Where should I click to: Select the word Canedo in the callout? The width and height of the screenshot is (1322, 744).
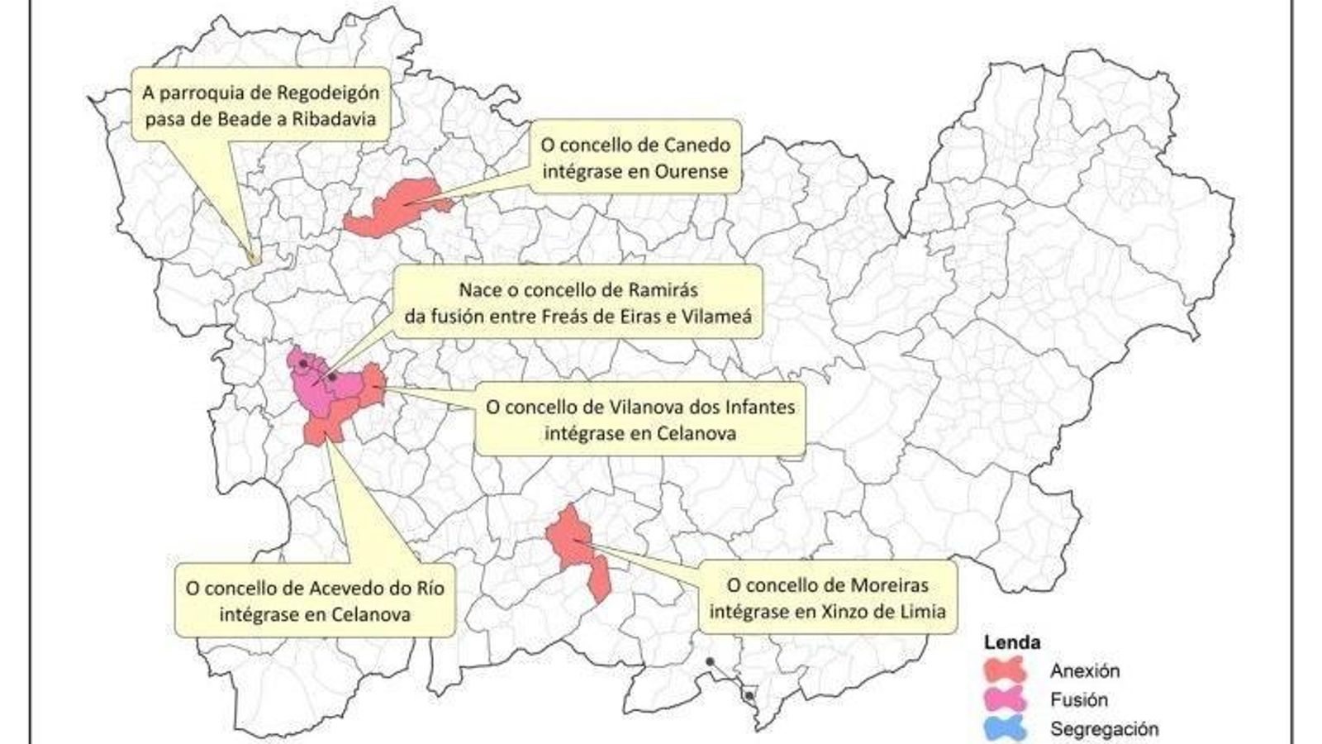click(697, 145)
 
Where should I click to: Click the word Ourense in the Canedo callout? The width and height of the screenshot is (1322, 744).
click(692, 172)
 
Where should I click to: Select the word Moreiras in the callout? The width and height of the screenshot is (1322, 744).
click(887, 585)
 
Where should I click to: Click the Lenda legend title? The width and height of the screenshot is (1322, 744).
click(1011, 642)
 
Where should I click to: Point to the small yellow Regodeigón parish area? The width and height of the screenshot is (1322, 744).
click(254, 259)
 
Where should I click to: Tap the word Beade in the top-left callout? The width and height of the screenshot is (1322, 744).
click(244, 118)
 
